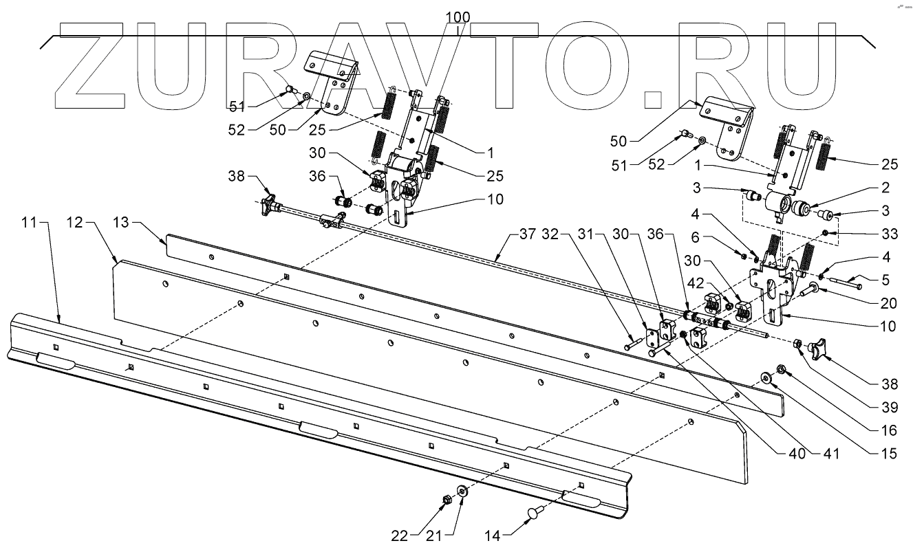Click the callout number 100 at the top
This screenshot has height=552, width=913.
(458, 16)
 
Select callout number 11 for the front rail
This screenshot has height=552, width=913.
(28, 224)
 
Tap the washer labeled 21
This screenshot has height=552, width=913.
(462, 491)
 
